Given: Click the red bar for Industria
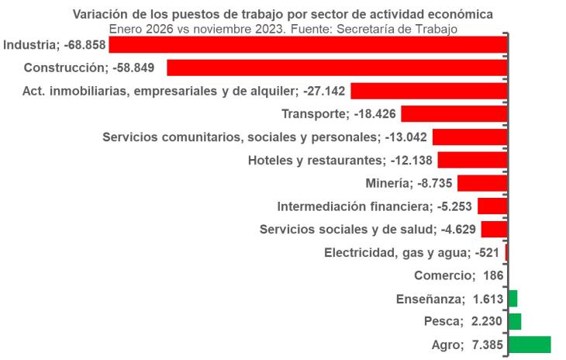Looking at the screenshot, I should [x=308, y=45].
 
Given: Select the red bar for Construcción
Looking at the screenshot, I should [x=336, y=67].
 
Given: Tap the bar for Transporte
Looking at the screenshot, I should [x=454, y=114].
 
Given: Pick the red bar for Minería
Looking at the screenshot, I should [x=482, y=183].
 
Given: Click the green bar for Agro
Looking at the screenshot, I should [x=529, y=344].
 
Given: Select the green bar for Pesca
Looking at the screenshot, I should [x=514, y=321].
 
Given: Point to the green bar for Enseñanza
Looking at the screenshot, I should [x=513, y=299].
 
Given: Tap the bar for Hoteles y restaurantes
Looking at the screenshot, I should [x=472, y=160].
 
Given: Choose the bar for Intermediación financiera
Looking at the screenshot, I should [x=492, y=206].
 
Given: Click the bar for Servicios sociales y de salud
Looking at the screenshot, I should [x=494, y=229].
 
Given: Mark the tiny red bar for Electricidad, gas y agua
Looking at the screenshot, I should [x=506, y=252].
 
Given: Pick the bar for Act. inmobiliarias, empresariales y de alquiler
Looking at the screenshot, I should [x=429, y=91].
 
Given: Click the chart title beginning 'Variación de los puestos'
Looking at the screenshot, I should [x=282, y=15].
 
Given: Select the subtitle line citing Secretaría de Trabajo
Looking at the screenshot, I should [x=282, y=29].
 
